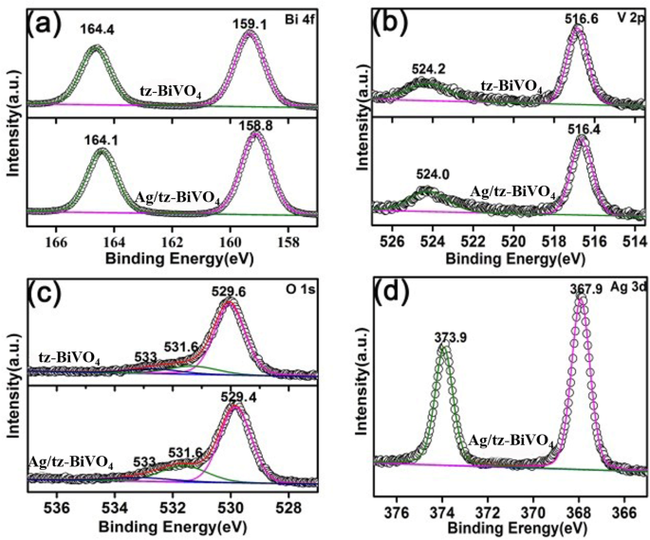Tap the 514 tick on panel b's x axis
(635, 243)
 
